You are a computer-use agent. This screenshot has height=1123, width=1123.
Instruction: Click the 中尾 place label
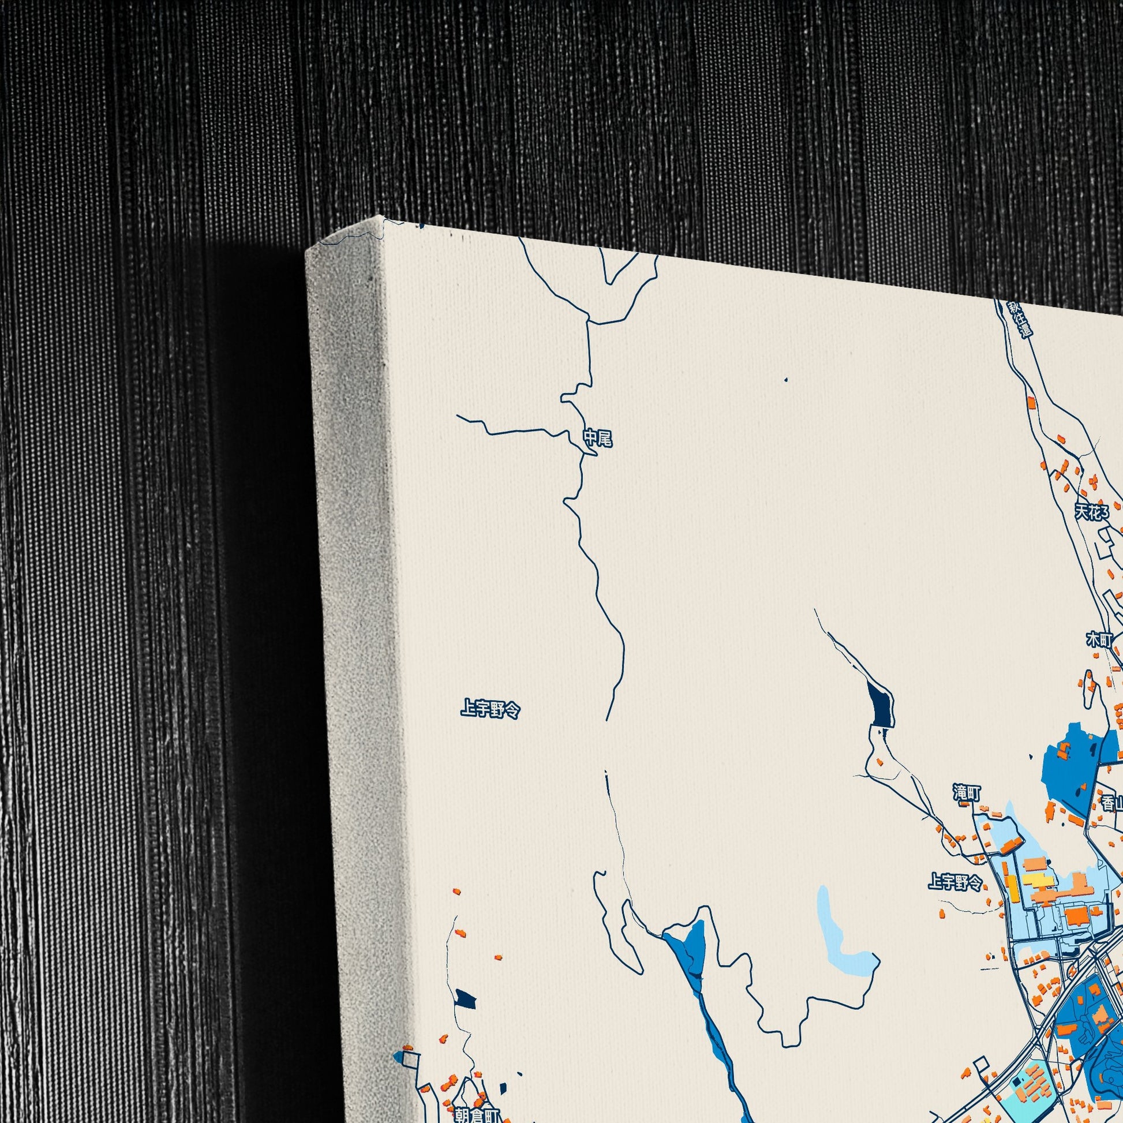tap(598, 438)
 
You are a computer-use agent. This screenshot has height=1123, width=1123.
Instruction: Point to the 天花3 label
tap(1092, 512)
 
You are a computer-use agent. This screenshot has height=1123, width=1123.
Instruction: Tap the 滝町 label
tap(967, 792)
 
